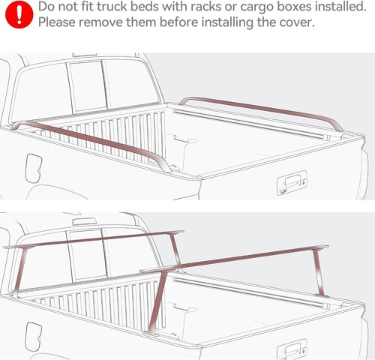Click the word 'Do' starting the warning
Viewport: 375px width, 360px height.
(x=46, y=7)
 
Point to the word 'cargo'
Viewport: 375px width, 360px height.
(x=252, y=7)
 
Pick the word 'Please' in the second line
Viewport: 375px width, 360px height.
(x=58, y=22)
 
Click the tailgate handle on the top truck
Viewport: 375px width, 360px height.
(x=292, y=181)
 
